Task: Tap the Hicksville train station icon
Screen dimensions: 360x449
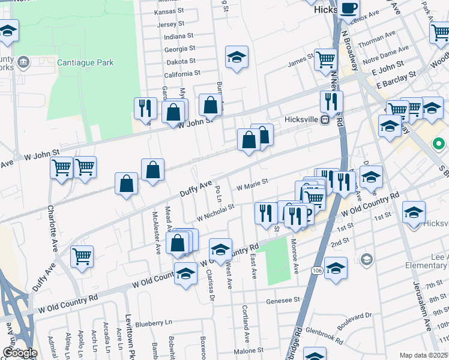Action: [x=325, y=119]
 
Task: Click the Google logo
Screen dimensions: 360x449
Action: [x=19, y=353]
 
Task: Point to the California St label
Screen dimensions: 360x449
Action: [x=182, y=73]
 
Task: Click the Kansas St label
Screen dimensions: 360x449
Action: [x=169, y=11]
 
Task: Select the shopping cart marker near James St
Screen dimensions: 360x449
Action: [x=325, y=59]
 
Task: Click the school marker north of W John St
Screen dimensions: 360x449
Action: [x=237, y=58]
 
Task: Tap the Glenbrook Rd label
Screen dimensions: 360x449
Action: [x=324, y=336]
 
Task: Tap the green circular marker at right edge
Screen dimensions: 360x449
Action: [x=438, y=144]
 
